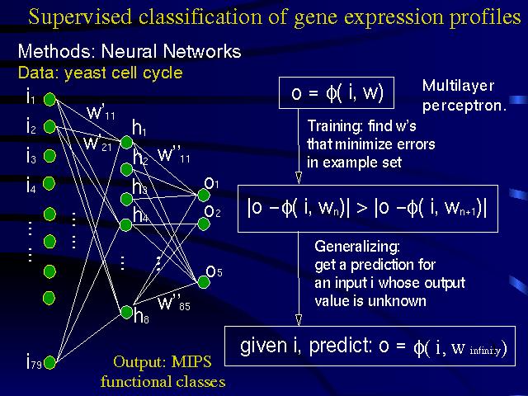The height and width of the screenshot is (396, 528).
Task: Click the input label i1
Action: pos(30,101)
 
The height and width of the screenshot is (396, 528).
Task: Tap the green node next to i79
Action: pos(49,360)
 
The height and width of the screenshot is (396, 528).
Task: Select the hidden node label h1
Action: pos(139,128)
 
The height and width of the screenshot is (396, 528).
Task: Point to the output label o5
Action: pos(212,271)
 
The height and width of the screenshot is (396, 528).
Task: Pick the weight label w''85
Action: pos(174,304)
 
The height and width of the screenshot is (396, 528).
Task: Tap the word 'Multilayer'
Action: pos(458,86)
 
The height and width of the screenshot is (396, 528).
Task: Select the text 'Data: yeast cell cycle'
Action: pos(100,73)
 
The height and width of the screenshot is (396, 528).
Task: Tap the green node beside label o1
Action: pos(199,195)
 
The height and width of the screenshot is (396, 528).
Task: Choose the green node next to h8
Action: pos(126,311)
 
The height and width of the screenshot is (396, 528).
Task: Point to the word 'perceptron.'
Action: pos(464,106)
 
